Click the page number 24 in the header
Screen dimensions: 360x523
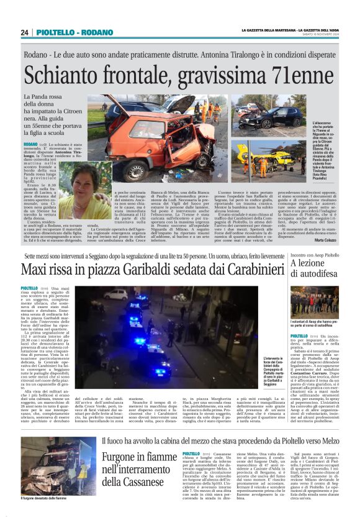(25, 32)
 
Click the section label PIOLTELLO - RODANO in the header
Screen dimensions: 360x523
(66, 32)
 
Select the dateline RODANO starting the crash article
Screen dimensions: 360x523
(30, 144)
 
